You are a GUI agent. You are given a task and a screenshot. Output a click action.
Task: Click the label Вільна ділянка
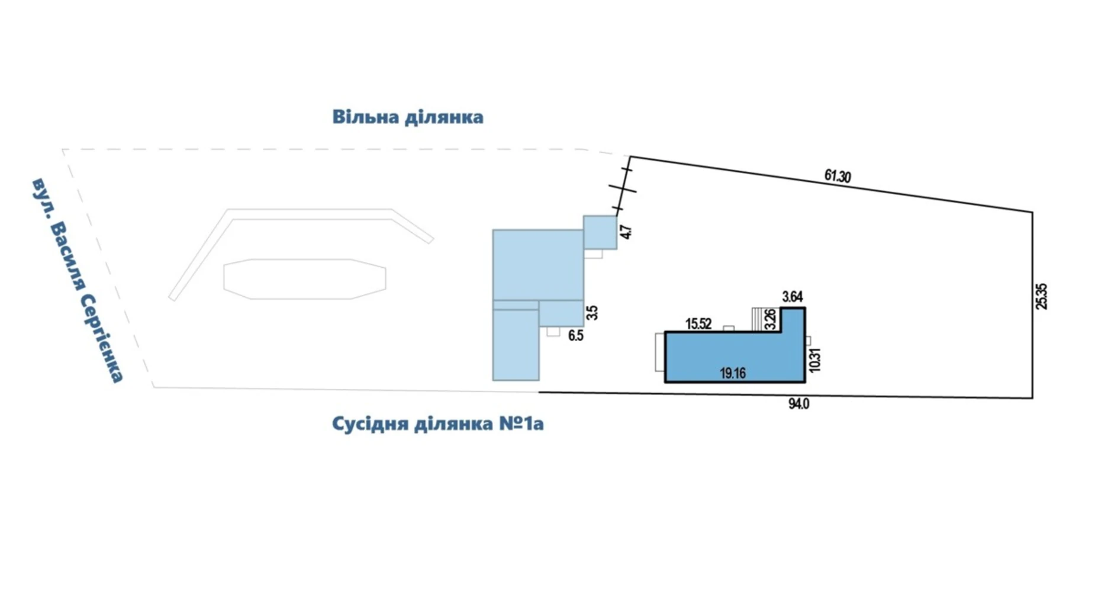point(407,117)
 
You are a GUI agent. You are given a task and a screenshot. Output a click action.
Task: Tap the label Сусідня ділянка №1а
point(437,424)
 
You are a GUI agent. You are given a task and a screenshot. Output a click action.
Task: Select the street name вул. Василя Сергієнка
point(77,280)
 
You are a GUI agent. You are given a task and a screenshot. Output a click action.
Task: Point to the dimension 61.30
point(837,176)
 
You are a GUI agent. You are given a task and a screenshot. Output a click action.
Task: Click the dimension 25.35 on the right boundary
point(1041,296)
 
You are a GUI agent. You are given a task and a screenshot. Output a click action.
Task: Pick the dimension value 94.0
point(798,404)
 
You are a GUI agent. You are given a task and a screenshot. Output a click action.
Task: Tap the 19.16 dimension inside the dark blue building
point(732,373)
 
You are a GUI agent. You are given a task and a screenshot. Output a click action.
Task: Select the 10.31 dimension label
point(814,360)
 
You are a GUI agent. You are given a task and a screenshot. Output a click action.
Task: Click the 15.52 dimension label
point(698,324)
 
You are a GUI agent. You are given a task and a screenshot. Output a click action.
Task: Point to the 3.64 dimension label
point(792,297)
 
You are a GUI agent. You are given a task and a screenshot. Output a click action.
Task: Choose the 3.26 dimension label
point(770,319)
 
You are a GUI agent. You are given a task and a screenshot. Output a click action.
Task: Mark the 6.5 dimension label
point(575,336)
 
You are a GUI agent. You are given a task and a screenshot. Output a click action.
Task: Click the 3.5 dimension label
point(591,313)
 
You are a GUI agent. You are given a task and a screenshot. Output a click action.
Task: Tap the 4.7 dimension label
point(626,232)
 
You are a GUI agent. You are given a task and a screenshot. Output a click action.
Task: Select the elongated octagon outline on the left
point(305,279)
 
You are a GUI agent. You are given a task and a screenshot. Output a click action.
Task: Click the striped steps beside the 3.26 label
point(758,319)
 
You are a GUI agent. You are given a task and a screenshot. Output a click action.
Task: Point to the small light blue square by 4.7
point(600,232)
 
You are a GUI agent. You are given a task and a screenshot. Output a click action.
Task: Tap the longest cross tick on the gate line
point(622,189)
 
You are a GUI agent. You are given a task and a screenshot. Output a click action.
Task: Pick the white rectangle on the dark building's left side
point(659,352)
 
